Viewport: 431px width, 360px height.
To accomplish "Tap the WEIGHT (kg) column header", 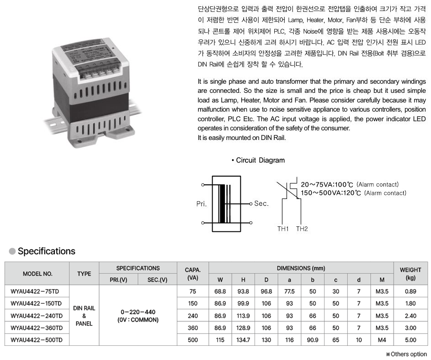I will (x=410, y=274).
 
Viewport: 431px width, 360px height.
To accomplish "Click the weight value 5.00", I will (x=410, y=340).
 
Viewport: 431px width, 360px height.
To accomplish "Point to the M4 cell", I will (x=382, y=340).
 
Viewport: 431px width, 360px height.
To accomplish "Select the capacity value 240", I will (x=192, y=316).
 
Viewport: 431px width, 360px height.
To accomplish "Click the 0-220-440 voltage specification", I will (x=138, y=312).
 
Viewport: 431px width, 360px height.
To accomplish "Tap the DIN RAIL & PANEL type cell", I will (x=84, y=316).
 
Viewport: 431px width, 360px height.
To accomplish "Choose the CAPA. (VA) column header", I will (x=192, y=274).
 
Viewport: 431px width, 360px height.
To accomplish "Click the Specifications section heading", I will (x=46, y=251).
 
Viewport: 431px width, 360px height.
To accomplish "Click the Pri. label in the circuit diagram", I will (x=202, y=204).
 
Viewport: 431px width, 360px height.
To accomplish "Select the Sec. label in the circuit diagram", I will (x=261, y=204).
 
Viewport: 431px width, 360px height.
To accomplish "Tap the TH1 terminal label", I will (x=282, y=229).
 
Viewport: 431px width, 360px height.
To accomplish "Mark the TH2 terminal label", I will (x=302, y=229).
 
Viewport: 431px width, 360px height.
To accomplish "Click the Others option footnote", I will (x=406, y=354).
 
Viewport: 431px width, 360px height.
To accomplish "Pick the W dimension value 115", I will (x=220, y=340).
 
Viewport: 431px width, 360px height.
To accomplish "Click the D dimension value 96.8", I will (x=266, y=291).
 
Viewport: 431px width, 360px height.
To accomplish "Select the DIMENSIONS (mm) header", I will (x=301, y=268).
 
